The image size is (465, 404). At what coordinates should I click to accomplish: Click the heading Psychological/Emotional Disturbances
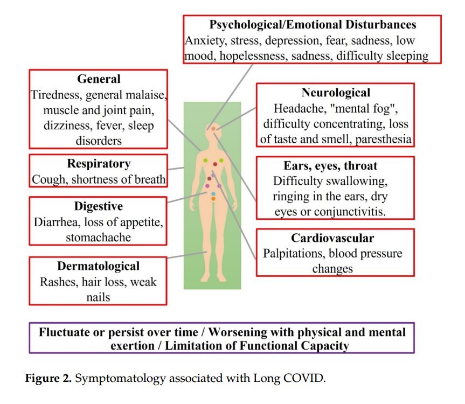pyautogui.click(x=313, y=25)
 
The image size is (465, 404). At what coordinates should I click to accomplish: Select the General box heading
pyautogui.click(x=99, y=79)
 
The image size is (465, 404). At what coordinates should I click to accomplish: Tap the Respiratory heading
pyautogui.click(x=99, y=164)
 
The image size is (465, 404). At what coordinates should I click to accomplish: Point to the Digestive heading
pyautogui.click(x=99, y=206)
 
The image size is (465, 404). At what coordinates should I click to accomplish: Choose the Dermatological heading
pyautogui.click(x=98, y=266)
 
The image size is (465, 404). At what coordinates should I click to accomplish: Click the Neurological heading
pyautogui.click(x=336, y=93)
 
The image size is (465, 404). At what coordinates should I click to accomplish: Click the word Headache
pyautogui.click(x=296, y=108)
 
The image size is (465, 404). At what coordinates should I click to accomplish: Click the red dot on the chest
pyautogui.click(x=214, y=164)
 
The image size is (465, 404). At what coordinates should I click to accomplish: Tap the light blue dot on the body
pyautogui.click(x=213, y=193)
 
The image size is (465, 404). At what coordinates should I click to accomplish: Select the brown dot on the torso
pyautogui.click(x=210, y=178)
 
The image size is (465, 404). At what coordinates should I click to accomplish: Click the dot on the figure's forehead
pyautogui.click(x=213, y=129)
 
